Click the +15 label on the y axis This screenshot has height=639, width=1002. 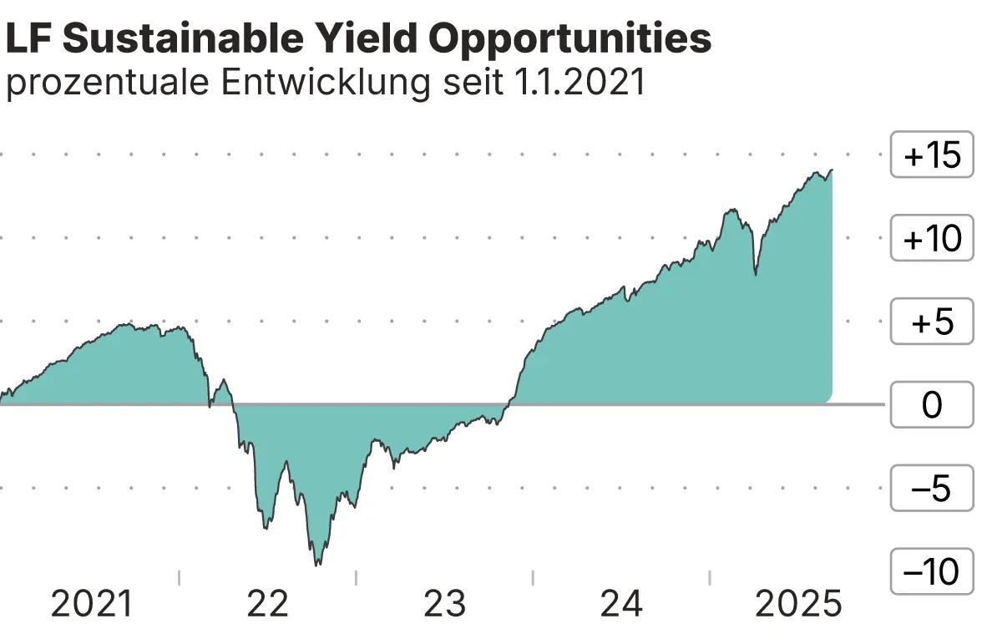(932, 155)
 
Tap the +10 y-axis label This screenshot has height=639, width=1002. (932, 239)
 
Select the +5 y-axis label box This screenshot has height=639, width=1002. (932, 322)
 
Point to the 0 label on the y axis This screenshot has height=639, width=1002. (932, 405)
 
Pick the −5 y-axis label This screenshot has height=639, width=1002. (932, 489)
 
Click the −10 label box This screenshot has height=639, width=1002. (932, 572)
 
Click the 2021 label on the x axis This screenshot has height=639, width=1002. (92, 604)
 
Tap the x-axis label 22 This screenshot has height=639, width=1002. (267, 604)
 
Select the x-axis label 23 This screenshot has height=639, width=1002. (444, 604)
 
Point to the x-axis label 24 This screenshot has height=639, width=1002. (621, 604)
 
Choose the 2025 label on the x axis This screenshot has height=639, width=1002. (798, 604)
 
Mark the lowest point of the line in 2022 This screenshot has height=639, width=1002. (316, 565)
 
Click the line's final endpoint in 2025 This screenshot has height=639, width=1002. (832, 170)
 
